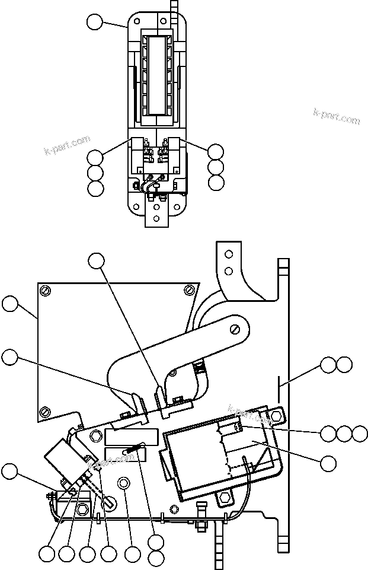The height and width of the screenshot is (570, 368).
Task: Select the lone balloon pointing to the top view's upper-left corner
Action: (95, 23)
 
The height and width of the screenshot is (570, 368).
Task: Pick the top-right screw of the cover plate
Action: (188, 289)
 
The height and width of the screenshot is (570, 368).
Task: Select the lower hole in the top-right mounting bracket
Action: (228, 272)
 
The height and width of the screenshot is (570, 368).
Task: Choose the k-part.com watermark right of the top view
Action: (337, 116)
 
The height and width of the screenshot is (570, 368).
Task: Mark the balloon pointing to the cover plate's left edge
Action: (10, 304)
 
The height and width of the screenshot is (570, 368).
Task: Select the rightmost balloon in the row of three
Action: (360, 434)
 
